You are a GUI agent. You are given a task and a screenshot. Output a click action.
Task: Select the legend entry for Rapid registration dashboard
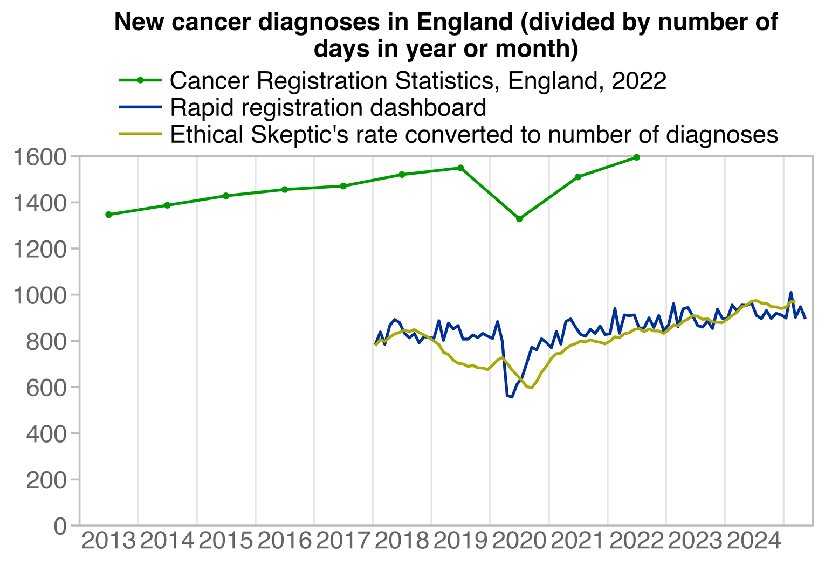[x=328, y=108]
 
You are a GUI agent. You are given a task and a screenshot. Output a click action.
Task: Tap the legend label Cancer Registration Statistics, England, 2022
[x=418, y=81]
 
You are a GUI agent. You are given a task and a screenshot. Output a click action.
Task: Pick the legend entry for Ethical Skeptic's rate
[x=473, y=135]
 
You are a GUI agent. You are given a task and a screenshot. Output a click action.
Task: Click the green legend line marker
[x=140, y=81]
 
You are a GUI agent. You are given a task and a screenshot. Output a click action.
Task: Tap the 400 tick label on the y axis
[x=53, y=433]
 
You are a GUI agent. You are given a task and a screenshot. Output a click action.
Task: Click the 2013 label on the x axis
[x=108, y=541]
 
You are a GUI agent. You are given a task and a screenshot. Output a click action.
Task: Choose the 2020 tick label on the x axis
[x=519, y=541]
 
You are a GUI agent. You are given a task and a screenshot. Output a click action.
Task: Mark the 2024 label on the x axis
[x=754, y=541]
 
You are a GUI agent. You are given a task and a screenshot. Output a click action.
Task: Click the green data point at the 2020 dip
[x=519, y=219]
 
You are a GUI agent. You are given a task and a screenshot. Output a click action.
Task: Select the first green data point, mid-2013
[x=108, y=215]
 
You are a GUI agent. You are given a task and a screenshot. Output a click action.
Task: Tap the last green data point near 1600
[x=637, y=157]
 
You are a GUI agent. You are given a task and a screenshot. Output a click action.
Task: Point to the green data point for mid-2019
[x=460, y=168]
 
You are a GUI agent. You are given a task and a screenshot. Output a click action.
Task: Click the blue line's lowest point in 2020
[x=511, y=397]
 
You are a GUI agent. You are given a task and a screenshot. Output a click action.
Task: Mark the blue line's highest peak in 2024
[x=791, y=293]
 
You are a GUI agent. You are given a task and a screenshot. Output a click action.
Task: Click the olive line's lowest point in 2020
[x=532, y=388]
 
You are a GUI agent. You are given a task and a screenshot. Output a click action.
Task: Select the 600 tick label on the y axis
[x=53, y=387]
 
